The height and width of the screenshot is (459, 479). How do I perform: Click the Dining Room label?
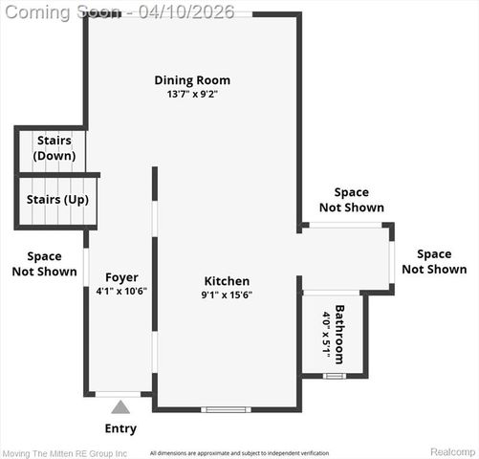pyautogui.click(x=192, y=80)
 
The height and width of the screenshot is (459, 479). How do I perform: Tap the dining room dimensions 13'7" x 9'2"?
pyautogui.click(x=192, y=95)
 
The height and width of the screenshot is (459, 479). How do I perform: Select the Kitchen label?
pyautogui.click(x=227, y=281)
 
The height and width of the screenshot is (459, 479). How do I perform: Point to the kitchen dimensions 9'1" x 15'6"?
pyautogui.click(x=227, y=295)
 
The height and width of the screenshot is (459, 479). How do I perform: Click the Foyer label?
pyautogui.click(x=121, y=277)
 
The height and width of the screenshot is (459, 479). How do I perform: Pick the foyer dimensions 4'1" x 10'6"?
pyautogui.click(x=121, y=291)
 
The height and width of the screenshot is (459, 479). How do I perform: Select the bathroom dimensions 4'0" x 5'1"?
pyautogui.click(x=326, y=334)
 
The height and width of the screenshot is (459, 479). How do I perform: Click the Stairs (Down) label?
pyautogui.click(x=53, y=147)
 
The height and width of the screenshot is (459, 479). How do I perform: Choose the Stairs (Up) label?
pyautogui.click(x=57, y=199)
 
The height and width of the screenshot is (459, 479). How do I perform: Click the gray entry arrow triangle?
pyautogui.click(x=120, y=406)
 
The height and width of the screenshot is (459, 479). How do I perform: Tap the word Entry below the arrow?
pyautogui.click(x=120, y=428)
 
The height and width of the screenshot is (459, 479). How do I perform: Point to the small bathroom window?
pyautogui.click(x=333, y=376)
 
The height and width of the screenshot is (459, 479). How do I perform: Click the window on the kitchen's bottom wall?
pyautogui.click(x=227, y=409)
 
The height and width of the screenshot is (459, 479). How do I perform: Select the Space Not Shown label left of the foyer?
pyautogui.click(x=44, y=263)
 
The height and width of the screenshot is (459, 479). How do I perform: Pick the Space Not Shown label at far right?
pyautogui.click(x=434, y=261)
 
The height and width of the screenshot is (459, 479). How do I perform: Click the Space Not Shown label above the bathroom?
pyautogui.click(x=351, y=200)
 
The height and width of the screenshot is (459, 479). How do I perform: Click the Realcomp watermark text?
pyautogui.click(x=452, y=451)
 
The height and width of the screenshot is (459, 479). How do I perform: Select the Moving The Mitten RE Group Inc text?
pyautogui.click(x=64, y=452)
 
